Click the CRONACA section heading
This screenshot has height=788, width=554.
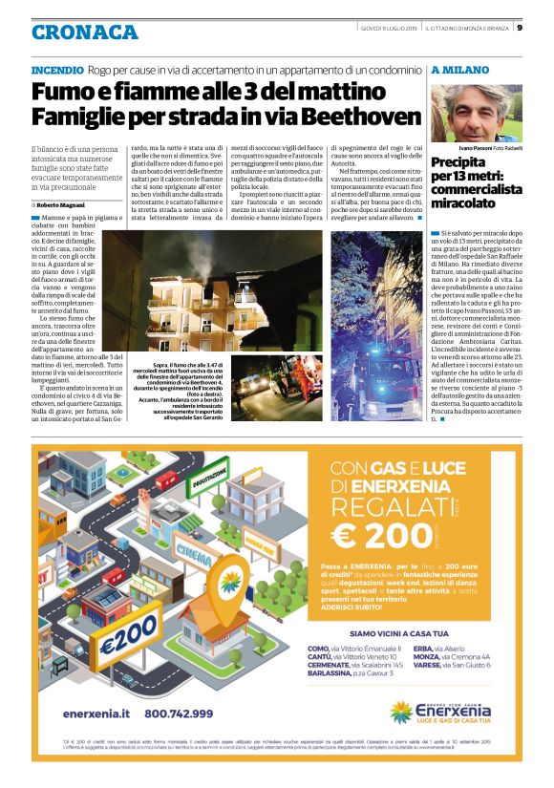[x=84, y=31]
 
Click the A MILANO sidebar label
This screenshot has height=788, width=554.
[x=461, y=71]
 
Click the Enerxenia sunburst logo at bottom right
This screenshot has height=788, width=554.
[x=402, y=713]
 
